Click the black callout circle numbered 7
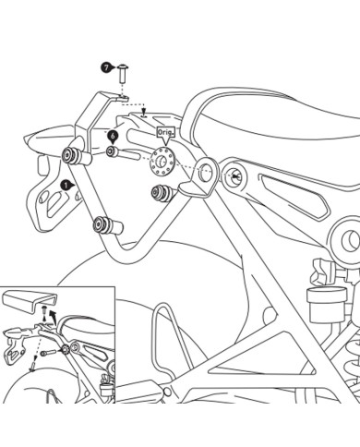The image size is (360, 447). [x=107, y=68]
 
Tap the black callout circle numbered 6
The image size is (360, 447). [x=112, y=135]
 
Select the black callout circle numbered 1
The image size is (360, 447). [x=65, y=186]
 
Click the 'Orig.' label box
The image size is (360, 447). [x=165, y=133]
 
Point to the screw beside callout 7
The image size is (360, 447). [x=125, y=71]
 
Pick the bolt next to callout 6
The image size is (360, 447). [x=114, y=151]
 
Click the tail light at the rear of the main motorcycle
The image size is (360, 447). [x=41, y=139]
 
